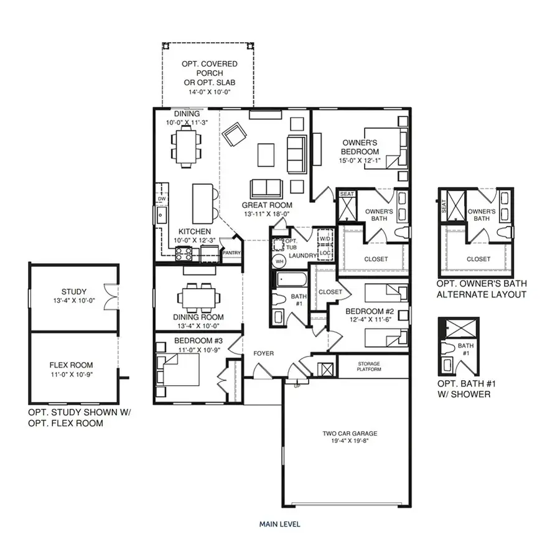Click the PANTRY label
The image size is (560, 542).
click(231, 253)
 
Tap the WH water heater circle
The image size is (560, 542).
click(279, 261)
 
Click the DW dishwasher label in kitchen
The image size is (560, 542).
click(162, 199)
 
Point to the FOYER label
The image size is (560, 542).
click(263, 353)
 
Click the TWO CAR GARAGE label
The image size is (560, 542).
click(350, 434)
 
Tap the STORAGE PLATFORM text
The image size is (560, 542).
click(369, 367)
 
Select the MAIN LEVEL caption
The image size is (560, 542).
click(279, 524)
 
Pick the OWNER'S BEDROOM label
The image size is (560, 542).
click(360, 147)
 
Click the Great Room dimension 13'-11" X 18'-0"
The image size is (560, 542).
click(268, 213)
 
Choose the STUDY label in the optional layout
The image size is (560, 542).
click(73, 291)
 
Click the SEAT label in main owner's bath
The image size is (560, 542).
click(347, 194)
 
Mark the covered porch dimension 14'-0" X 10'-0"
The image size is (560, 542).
click(207, 91)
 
